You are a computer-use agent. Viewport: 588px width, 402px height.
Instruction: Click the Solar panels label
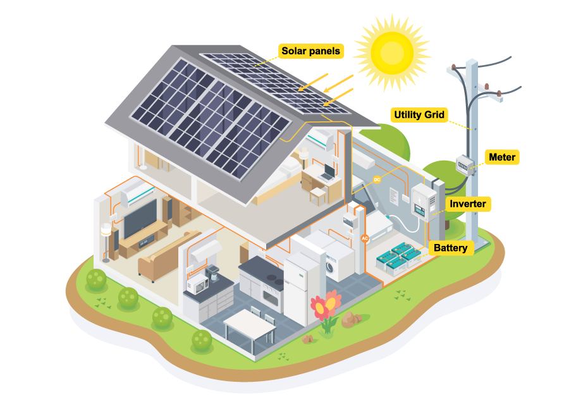[x=311, y=51]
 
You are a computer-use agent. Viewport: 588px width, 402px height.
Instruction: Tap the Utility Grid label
[x=419, y=115]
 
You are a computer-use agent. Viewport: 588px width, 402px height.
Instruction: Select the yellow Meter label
[x=503, y=157]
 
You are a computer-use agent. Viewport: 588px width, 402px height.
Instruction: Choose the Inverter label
[x=468, y=204]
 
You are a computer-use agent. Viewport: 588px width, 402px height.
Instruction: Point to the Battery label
[x=451, y=247]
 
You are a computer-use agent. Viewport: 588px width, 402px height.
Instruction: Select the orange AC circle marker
[x=364, y=238]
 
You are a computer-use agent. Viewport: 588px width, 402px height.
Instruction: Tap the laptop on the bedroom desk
[x=328, y=174]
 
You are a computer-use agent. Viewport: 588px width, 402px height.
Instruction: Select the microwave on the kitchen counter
[x=197, y=286]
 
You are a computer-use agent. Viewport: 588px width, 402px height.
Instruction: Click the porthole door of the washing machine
[x=331, y=267]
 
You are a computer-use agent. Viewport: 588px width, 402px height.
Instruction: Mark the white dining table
[x=249, y=324]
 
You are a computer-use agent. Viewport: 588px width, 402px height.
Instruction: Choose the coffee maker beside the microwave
[x=212, y=276]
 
